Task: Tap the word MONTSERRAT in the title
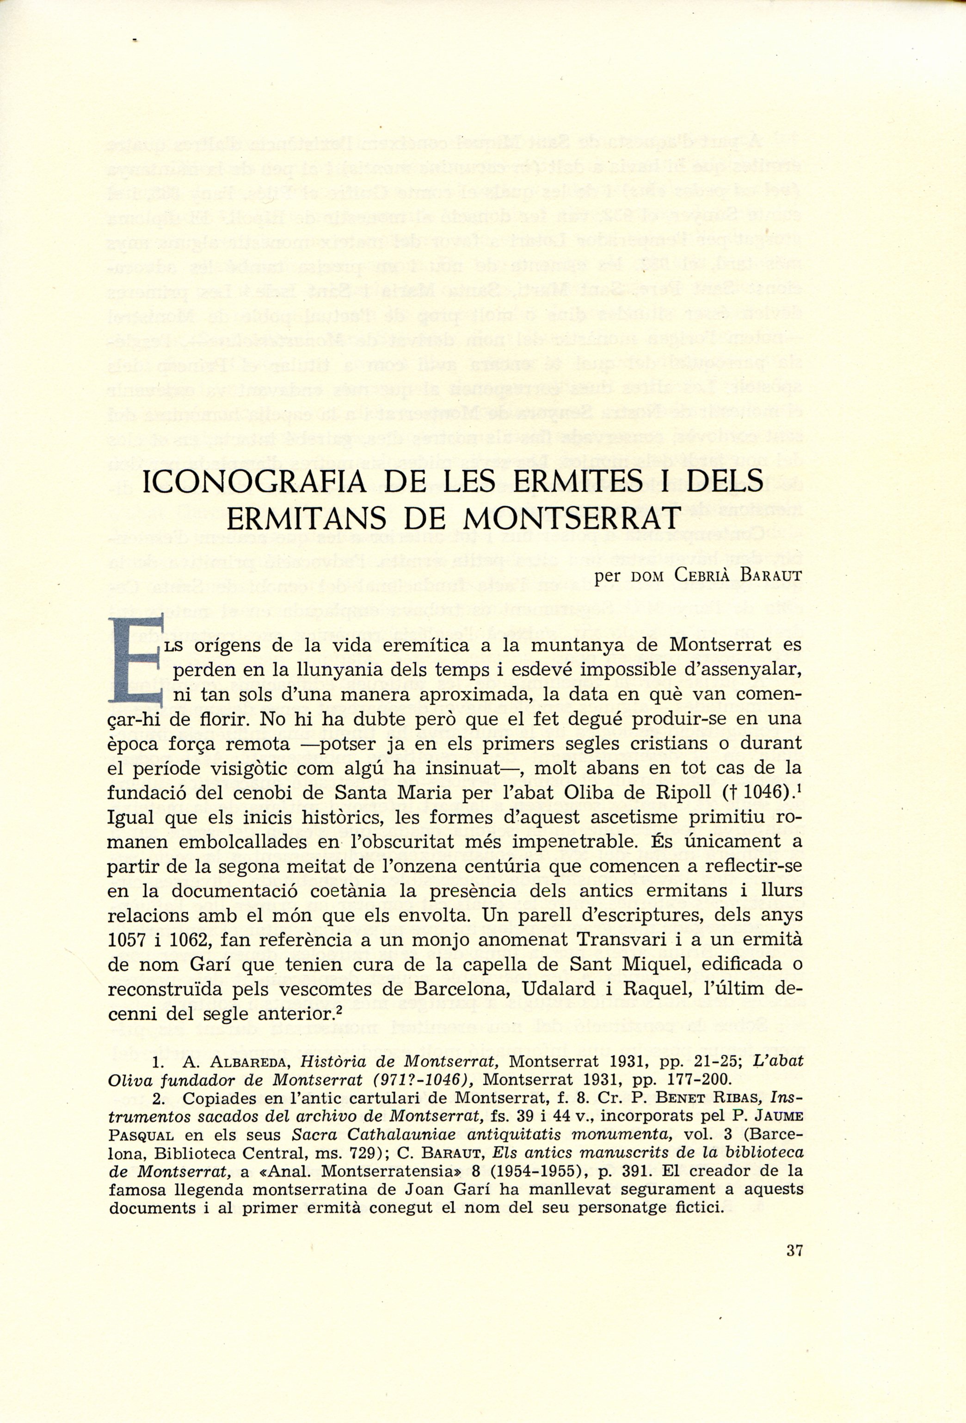(570, 519)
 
